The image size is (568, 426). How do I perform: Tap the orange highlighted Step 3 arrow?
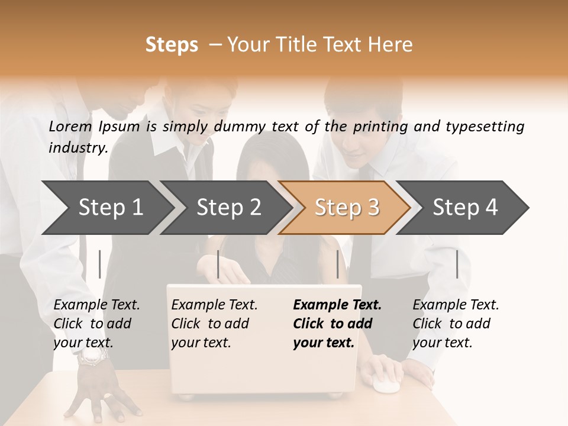(x=347, y=208)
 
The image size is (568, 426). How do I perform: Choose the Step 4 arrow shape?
(x=465, y=208)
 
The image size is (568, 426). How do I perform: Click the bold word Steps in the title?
(x=172, y=45)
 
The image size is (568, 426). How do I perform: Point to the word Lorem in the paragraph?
(x=70, y=127)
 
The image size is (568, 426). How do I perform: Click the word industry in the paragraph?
(x=78, y=148)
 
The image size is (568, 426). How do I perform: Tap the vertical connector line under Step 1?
(x=100, y=264)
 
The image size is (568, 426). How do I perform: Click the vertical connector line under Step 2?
(x=218, y=264)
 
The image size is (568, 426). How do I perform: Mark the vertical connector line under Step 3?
(x=337, y=264)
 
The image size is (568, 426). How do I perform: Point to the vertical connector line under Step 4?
(x=457, y=264)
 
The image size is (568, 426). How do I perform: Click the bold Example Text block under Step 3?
(x=337, y=324)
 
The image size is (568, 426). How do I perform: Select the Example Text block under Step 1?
(x=96, y=324)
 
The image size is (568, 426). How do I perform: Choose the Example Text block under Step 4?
(x=456, y=324)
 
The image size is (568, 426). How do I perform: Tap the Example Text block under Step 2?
(x=214, y=324)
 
